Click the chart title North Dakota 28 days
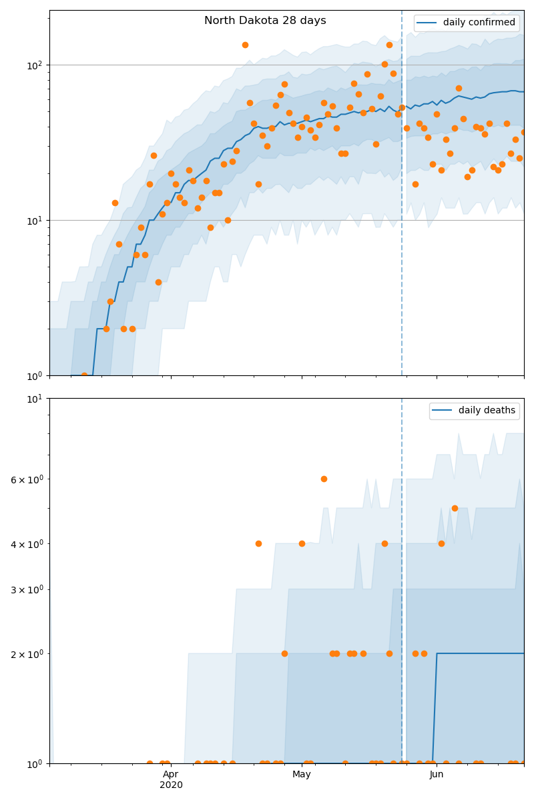click(265, 21)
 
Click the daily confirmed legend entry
click(479, 23)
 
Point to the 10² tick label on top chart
click(34, 65)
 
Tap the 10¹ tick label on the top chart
click(34, 220)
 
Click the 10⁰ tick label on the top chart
click(34, 375)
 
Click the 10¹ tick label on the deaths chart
click(34, 398)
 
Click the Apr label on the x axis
click(171, 774)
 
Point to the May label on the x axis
click(302, 774)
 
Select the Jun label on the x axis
click(437, 774)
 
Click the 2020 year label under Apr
click(171, 785)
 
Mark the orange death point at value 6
click(324, 479)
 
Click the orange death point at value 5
click(455, 508)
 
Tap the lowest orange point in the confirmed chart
click(84, 375)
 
